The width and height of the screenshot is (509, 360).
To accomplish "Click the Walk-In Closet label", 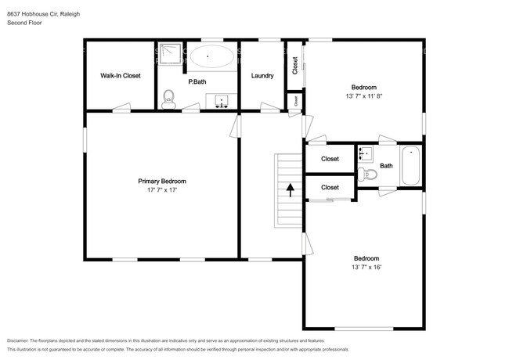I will (120, 76).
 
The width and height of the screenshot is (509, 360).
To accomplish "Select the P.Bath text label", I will (197, 81).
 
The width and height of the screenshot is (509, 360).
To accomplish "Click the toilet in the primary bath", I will (168, 99).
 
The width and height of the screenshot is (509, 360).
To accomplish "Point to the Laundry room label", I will (262, 76).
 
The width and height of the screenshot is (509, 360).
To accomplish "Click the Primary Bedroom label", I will (162, 181).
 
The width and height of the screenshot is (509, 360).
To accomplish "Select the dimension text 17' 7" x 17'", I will (162, 190).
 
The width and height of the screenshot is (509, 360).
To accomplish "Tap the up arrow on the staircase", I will (291, 189).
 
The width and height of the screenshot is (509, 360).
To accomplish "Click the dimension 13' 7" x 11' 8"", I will (363, 96).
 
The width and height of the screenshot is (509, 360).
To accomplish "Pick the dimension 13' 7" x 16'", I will (366, 268).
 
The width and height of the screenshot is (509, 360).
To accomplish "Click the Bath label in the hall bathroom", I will (386, 165).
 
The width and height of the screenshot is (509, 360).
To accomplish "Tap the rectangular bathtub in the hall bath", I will (411, 165).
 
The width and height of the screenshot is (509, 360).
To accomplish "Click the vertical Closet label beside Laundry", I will (294, 65).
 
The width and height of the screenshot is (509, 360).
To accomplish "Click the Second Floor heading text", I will (24, 23).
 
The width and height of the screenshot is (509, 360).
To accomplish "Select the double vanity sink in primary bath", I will (222, 101).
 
